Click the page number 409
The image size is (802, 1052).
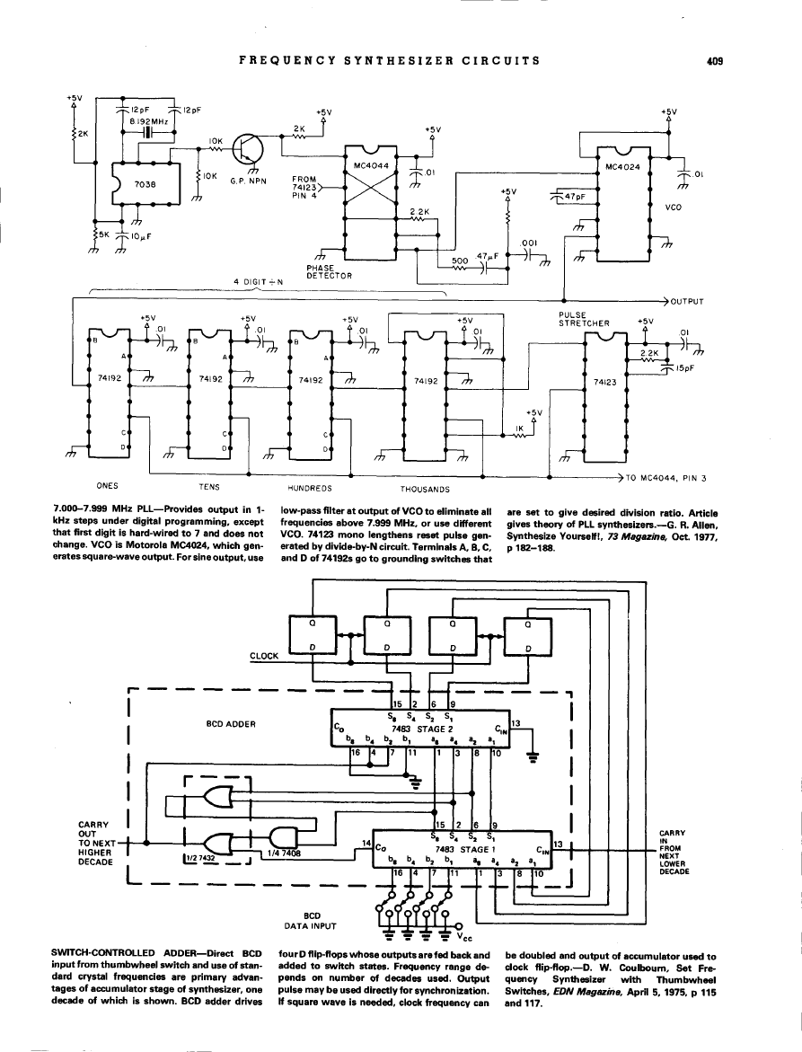pyautogui.click(x=715, y=61)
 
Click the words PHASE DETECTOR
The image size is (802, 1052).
pyautogui.click(x=329, y=271)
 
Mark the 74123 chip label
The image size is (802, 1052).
pyautogui.click(x=605, y=381)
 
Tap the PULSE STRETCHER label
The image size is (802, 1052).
pyautogui.click(x=584, y=319)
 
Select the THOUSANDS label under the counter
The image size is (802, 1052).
pyautogui.click(x=424, y=490)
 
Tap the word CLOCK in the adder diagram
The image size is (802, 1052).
pyautogui.click(x=264, y=656)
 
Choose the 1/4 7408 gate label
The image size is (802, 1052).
pyautogui.click(x=286, y=853)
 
